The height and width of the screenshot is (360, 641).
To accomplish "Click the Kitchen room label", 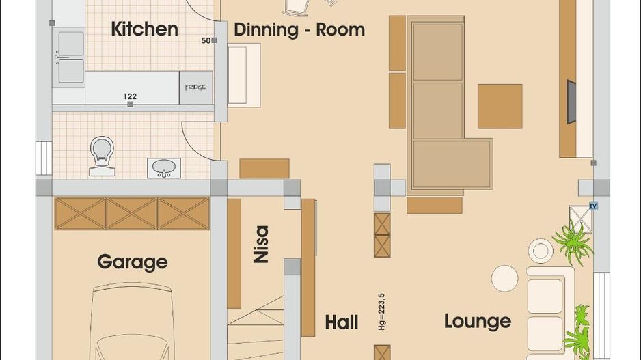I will point(144,29).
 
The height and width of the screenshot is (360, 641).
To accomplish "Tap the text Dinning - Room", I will point(299,30).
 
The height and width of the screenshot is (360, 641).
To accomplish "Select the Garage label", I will point(132,262).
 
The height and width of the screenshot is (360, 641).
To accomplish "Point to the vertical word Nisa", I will point(260,244).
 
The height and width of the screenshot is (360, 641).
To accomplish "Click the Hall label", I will point(341,322).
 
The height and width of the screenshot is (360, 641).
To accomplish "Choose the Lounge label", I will point(477,321).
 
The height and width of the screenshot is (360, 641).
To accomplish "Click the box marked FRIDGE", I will point(195,88).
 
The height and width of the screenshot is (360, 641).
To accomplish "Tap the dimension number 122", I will point(130,96).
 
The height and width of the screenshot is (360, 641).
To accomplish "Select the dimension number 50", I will point(206,41).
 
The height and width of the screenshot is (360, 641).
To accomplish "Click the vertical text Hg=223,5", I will point(381,311).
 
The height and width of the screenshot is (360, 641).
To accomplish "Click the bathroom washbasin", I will point(164,167).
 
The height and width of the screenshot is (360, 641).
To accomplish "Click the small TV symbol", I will point(592,206).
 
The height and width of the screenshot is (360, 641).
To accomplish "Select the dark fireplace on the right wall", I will point(571,102).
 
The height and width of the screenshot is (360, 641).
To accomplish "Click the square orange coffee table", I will point(500,107).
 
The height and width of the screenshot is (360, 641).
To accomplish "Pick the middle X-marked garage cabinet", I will point(132,213).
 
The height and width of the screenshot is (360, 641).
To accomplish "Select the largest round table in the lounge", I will point(505,278).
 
